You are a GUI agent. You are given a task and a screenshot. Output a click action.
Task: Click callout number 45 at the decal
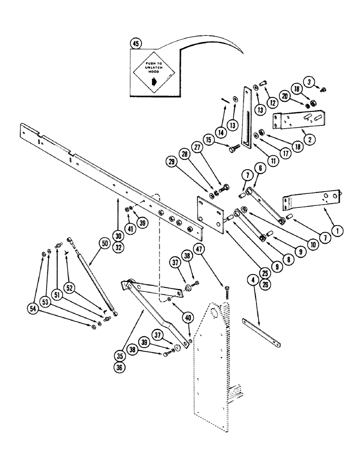pyautogui.click(x=136, y=44)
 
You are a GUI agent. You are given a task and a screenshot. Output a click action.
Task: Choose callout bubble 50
pyautogui.click(x=103, y=242)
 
